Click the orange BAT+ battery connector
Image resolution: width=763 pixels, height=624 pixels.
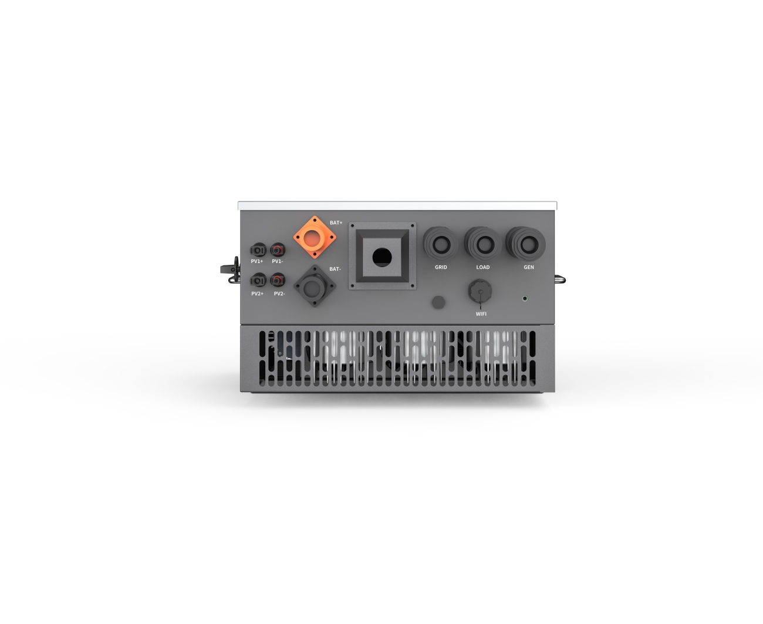(315, 237)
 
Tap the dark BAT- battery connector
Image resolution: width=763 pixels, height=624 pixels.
(315, 286)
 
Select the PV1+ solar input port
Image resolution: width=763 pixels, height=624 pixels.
(258, 250)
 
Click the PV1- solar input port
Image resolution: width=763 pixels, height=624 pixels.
(278, 249)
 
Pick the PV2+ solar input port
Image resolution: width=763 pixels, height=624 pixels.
(258, 280)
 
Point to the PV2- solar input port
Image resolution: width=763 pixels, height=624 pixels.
(278, 280)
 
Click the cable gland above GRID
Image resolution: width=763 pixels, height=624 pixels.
(441, 244)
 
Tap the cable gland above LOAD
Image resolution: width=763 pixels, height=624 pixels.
(482, 244)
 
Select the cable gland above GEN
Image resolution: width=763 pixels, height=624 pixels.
(526, 244)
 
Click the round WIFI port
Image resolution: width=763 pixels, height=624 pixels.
(480, 291)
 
